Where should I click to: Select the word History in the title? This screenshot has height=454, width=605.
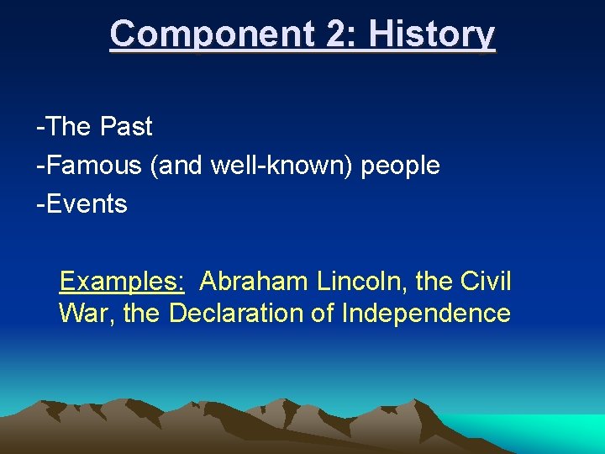point(432,34)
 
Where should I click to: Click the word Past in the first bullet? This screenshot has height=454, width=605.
point(126,127)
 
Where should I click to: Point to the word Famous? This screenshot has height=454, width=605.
point(89,166)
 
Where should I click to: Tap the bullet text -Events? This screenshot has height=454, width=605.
point(82,204)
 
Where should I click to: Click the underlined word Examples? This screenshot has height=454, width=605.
point(123,281)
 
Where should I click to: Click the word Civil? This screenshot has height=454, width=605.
point(485,281)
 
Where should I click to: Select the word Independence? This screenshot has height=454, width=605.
point(426,314)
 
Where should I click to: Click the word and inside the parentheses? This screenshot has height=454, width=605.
point(179,166)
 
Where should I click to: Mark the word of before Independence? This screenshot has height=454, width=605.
point(321,314)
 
